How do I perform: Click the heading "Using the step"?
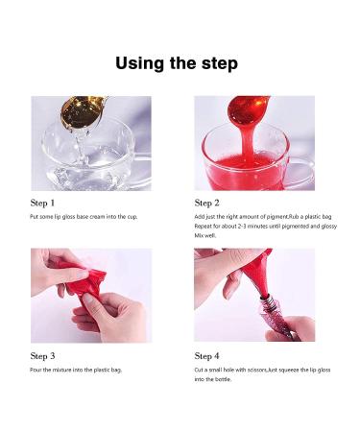[x=177, y=63]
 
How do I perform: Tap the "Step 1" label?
[x=42, y=203]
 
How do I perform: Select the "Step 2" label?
[x=207, y=203]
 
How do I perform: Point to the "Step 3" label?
[x=42, y=356]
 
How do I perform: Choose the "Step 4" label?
[x=207, y=356]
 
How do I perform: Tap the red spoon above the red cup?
[x=248, y=109]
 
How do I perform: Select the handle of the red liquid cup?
[x=300, y=173]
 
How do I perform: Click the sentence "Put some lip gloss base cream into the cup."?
[x=84, y=217]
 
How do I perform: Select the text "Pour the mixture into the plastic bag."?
[x=76, y=370]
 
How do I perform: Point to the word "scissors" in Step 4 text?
[x=257, y=370]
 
